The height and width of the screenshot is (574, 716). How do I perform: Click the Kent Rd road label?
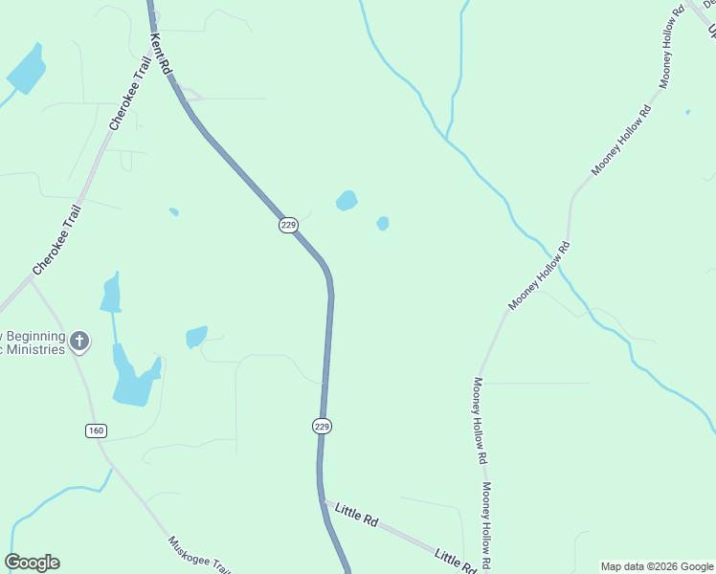point(159,54)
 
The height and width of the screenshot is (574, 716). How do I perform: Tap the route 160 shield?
point(95,430)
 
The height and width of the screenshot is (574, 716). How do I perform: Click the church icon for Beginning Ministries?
point(79,341)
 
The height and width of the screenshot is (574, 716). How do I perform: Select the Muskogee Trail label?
point(199,554)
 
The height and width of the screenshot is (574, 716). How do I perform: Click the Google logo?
point(32,563)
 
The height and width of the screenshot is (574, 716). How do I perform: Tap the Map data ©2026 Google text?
point(657,566)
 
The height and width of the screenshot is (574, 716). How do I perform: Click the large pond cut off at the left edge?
point(26,69)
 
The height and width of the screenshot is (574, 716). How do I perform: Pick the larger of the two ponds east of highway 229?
point(347,201)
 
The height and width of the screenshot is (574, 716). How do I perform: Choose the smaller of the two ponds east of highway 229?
point(383,224)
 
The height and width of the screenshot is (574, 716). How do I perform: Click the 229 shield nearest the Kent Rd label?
point(288,225)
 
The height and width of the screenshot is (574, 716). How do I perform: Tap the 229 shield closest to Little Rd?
point(322,426)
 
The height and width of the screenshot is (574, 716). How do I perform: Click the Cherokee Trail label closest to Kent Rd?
point(123,93)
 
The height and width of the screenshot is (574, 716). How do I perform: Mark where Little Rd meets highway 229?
point(323,500)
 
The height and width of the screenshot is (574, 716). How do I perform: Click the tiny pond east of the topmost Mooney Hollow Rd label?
point(687,112)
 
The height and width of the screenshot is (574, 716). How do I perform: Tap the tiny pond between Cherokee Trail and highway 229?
point(173,211)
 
